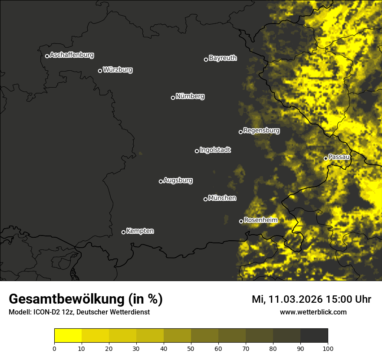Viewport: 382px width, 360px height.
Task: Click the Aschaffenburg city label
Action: click(x=72, y=55)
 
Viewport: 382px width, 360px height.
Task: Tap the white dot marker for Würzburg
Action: click(x=100, y=71)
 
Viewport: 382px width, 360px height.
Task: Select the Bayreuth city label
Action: click(x=223, y=58)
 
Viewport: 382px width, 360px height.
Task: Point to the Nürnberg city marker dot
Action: click(x=173, y=98)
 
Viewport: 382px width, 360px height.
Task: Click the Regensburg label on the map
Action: click(x=261, y=131)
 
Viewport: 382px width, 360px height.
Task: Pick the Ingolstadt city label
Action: click(x=215, y=150)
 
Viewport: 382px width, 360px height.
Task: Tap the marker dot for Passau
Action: click(x=326, y=158)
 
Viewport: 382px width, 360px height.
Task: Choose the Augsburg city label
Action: click(x=178, y=180)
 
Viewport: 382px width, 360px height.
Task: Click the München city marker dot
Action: click(x=205, y=199)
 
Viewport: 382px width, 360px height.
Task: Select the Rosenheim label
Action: click(x=260, y=220)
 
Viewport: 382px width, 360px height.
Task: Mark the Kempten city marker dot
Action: click(x=123, y=232)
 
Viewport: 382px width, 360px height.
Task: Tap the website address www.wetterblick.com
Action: click(x=313, y=312)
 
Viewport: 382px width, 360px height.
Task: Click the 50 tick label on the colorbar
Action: click(x=191, y=348)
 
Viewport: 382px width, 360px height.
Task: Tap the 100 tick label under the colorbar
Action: click(x=328, y=348)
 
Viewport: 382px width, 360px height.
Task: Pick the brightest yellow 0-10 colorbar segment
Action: click(x=68, y=335)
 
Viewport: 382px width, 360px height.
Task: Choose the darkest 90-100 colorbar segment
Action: click(x=314, y=335)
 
